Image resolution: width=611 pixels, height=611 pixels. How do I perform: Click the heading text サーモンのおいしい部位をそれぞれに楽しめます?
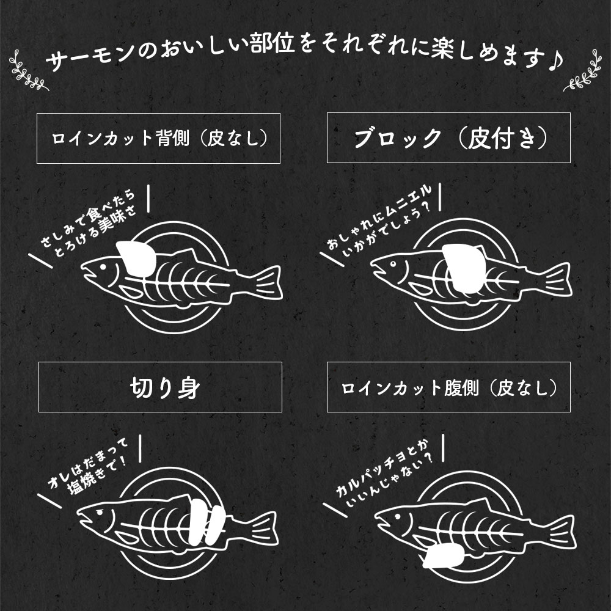(x=293, y=59)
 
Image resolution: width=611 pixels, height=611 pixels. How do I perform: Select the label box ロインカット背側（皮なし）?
(x=159, y=138)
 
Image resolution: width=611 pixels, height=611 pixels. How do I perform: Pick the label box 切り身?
(x=160, y=387)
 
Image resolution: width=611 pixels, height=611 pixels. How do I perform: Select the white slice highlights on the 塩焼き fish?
(x=205, y=521)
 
